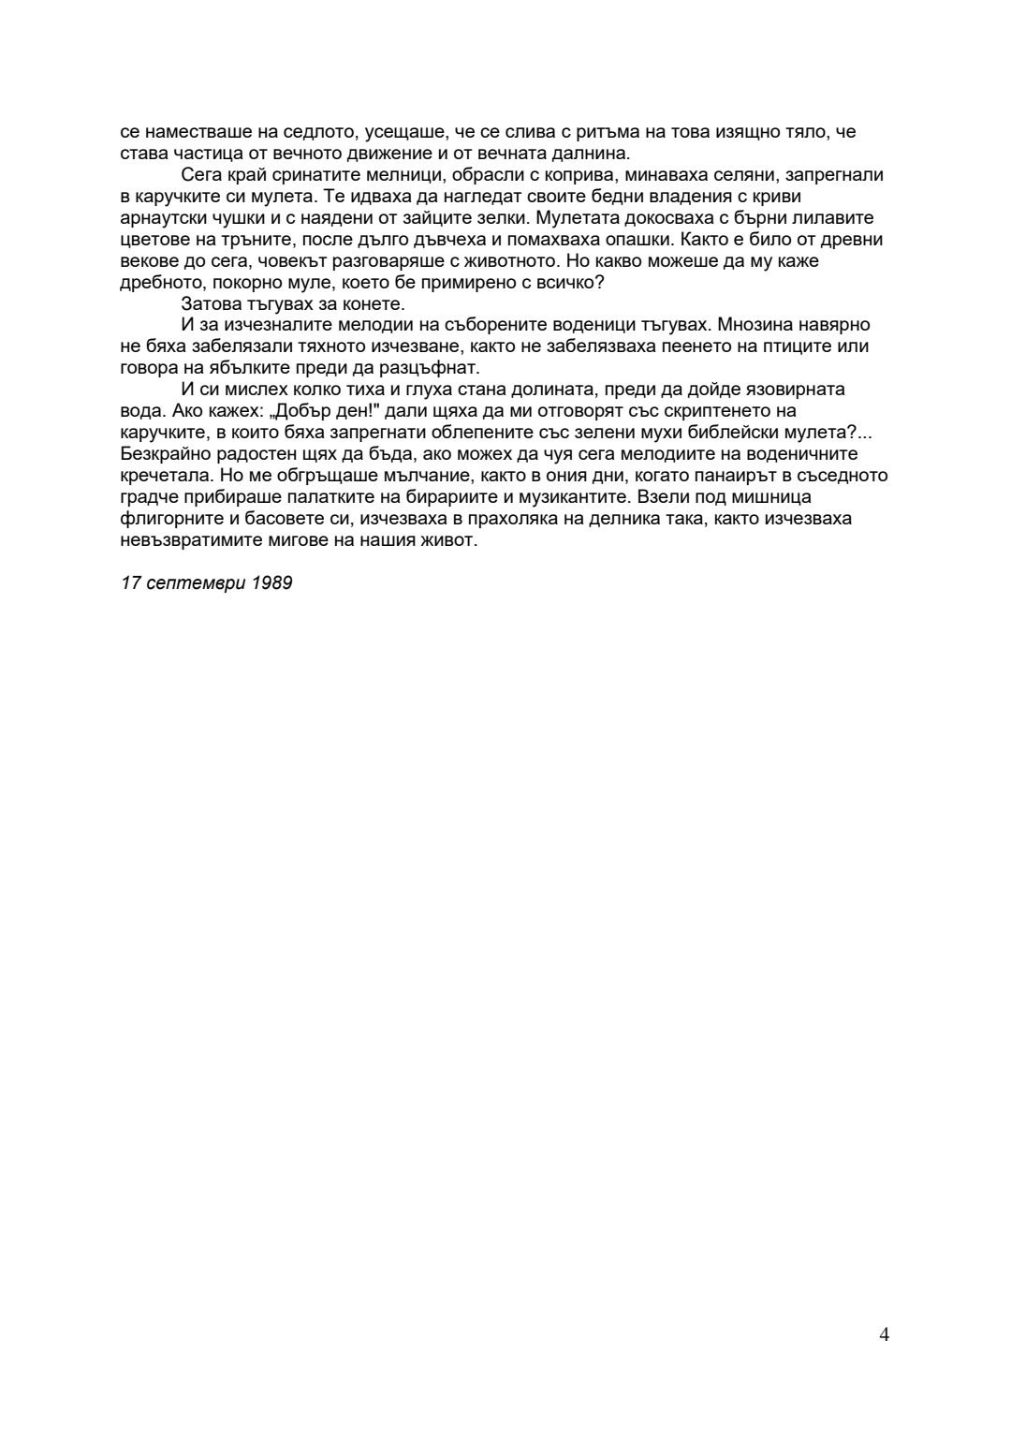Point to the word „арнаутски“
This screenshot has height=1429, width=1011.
pyautogui.click(x=159, y=218)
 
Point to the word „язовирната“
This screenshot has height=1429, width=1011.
pyautogui.click(x=801, y=390)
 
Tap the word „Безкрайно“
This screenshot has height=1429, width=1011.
pyautogui.click(x=162, y=454)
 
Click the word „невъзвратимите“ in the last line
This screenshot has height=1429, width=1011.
pyautogui.click(x=195, y=540)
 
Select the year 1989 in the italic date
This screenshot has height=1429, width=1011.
pyautogui.click(x=272, y=583)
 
